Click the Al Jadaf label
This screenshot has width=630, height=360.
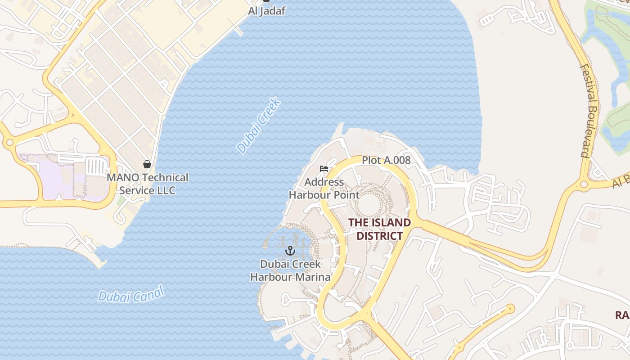pos(266,11)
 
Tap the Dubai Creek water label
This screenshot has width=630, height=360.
pos(259,126)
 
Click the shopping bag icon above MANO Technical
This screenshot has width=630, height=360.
pos(147,164)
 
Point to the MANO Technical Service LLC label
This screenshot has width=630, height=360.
pos(147,184)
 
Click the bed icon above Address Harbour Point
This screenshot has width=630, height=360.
pos(324,169)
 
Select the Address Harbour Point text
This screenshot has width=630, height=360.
pos(324,189)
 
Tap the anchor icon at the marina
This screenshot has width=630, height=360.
pos(290,250)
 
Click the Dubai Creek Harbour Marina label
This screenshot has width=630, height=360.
pos(290,270)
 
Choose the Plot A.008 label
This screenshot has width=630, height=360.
pos(386,160)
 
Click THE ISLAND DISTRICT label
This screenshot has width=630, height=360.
pos(379,229)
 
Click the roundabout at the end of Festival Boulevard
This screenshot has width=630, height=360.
pos(584,184)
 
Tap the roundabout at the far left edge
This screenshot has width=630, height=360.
pos(9,143)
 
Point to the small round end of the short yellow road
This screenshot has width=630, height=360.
pos(510,309)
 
